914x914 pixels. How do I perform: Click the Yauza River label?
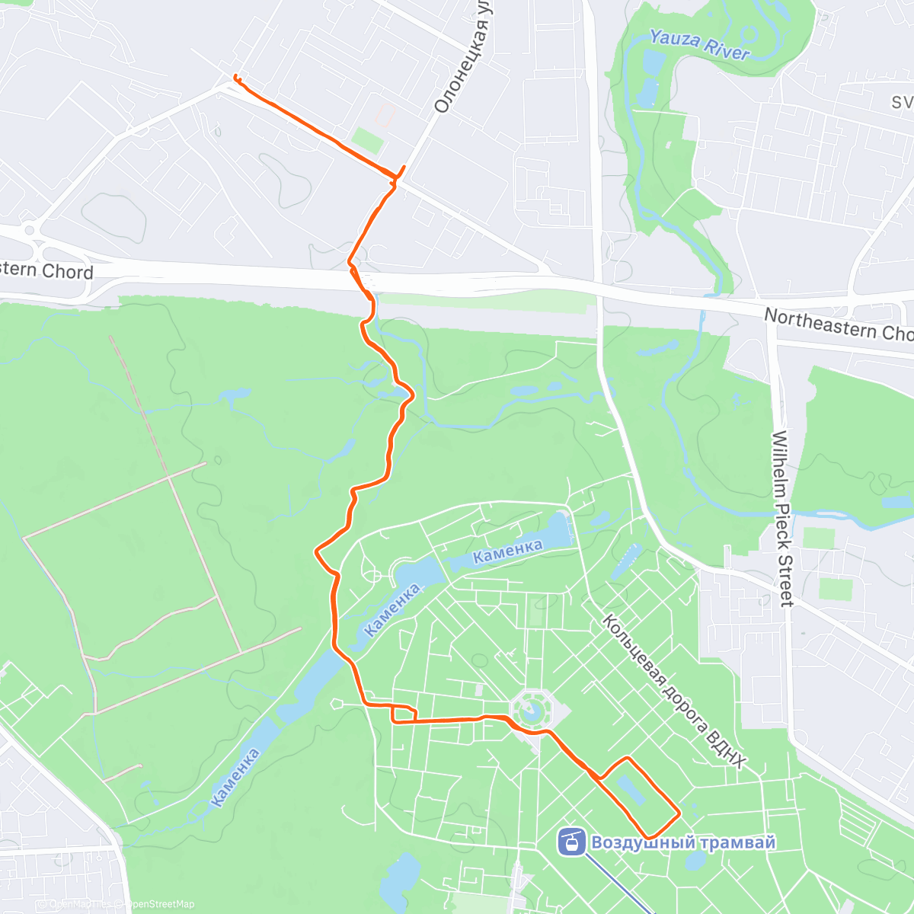tap(699, 44)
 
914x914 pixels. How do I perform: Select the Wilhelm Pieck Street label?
tap(782, 519)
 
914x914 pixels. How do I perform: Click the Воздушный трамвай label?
tap(683, 842)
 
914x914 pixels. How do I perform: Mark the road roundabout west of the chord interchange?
tap(30, 228)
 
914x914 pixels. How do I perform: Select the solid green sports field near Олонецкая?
tap(368, 141)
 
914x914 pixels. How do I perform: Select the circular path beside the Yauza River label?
tap(749, 34)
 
